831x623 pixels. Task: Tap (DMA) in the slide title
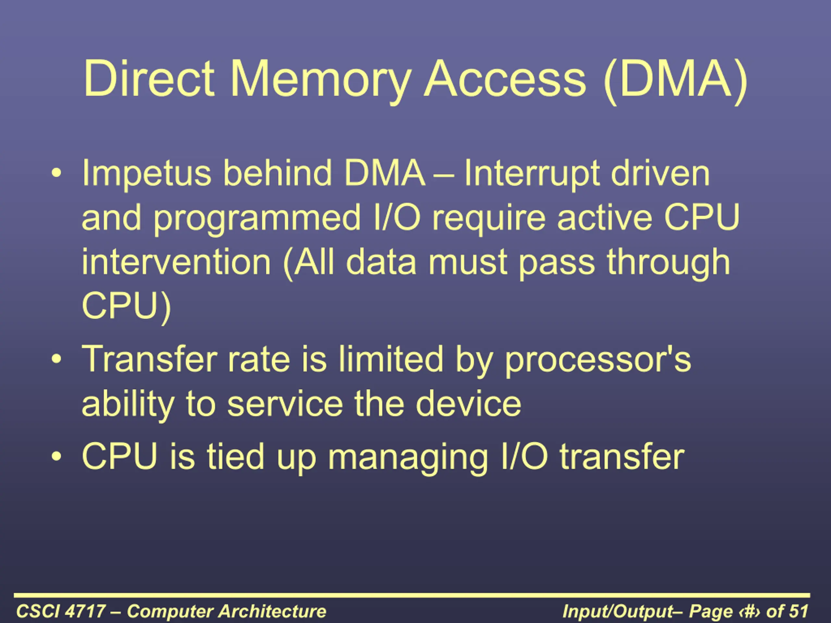point(675,81)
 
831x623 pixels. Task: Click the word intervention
point(176,262)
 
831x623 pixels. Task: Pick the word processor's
point(598,361)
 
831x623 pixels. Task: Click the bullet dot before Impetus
point(56,173)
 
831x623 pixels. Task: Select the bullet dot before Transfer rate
point(56,360)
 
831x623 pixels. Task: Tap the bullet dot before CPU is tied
point(56,457)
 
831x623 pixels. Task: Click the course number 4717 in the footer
point(85,611)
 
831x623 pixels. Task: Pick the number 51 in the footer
point(798,611)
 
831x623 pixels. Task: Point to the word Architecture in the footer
point(272,611)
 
